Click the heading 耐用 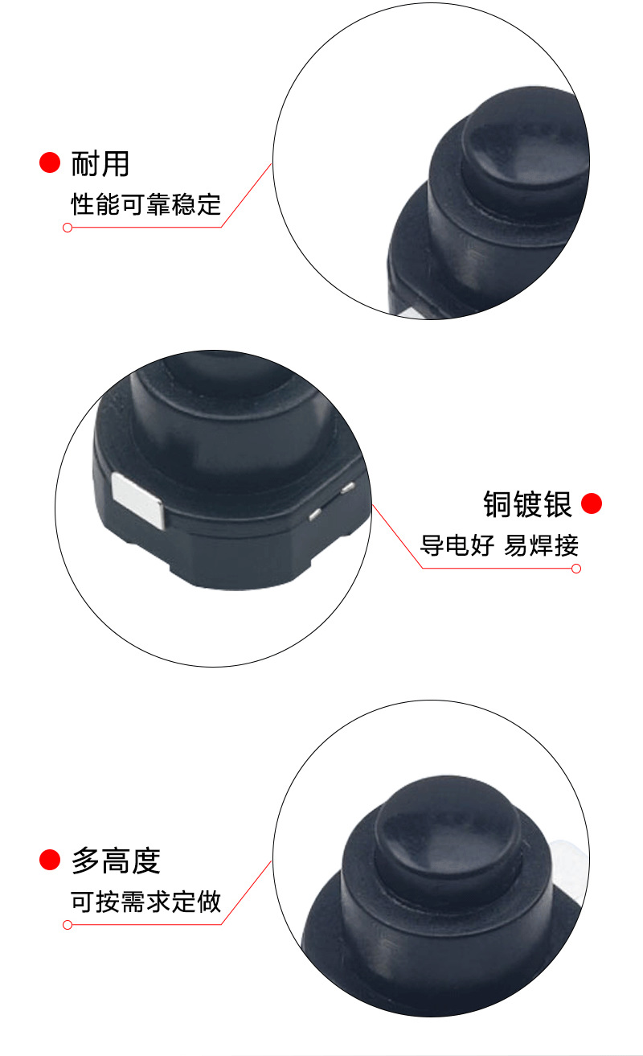[100, 163]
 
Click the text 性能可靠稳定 [145, 203]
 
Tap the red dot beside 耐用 [50, 162]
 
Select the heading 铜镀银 [527, 504]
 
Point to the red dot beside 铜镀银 [592, 504]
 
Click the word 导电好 [456, 545]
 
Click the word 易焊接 [541, 545]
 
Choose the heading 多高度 [116, 861]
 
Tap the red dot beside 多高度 [50, 861]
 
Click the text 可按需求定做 [145, 902]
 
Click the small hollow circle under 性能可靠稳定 [68, 228]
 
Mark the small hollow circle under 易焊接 [575, 569]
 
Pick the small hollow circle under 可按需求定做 [68, 925]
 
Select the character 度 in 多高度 [145, 861]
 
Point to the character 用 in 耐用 [115, 163]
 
